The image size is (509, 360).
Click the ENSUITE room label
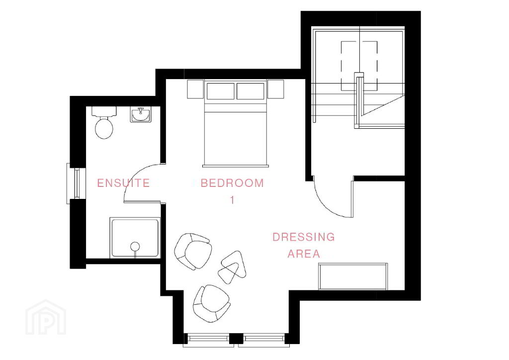pyautogui.click(x=123, y=183)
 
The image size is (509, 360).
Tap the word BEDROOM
pyautogui.click(x=232, y=183)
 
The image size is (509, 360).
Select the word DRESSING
pyautogui.click(x=304, y=237)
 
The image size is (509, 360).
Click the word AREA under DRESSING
pyautogui.click(x=304, y=254)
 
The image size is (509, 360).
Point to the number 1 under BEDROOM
pyautogui.click(x=232, y=200)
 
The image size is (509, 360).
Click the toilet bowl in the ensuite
pyautogui.click(x=104, y=128)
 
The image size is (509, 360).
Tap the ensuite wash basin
pyautogui.click(x=141, y=115)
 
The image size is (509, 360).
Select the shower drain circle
pyautogui.click(x=135, y=247)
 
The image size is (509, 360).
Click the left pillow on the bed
pyautogui.click(x=220, y=91)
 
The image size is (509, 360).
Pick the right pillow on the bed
pyautogui.click(x=251, y=91)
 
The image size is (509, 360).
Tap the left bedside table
pyautogui.click(x=195, y=89)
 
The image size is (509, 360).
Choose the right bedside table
pyautogui.click(x=275, y=89)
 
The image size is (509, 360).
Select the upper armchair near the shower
pyautogui.click(x=193, y=251)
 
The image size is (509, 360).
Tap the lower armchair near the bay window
pyautogui.click(x=212, y=303)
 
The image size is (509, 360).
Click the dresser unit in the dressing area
pyautogui.click(x=353, y=276)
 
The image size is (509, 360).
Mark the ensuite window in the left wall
pyautogui.click(x=76, y=183)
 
